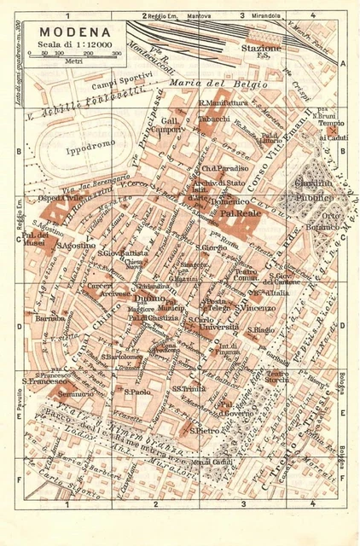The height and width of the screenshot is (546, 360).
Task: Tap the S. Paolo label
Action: (136, 392)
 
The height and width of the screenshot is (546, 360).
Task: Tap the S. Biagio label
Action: (260, 330)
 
